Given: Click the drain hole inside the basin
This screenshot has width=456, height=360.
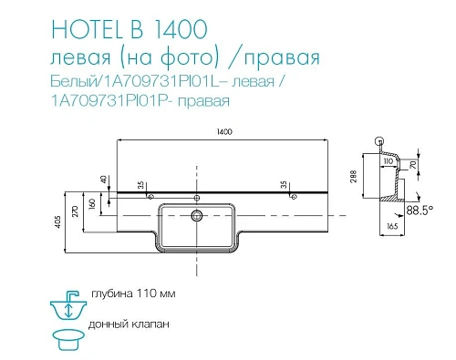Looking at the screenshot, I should pyautogui.click(x=196, y=216).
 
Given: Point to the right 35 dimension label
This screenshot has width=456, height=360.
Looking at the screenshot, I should pyautogui.click(x=290, y=186).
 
